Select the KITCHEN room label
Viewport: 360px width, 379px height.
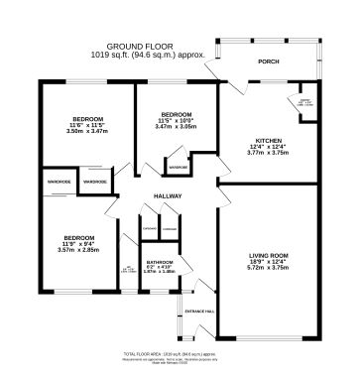tap(269, 142)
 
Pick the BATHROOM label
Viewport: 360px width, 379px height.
tap(159, 261)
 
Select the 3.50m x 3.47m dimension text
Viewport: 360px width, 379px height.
tap(84, 131)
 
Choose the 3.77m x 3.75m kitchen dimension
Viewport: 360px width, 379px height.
tap(269, 155)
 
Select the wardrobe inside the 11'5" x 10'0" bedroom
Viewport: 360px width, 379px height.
tap(179, 167)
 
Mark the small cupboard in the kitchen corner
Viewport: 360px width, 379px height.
tap(305, 102)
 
